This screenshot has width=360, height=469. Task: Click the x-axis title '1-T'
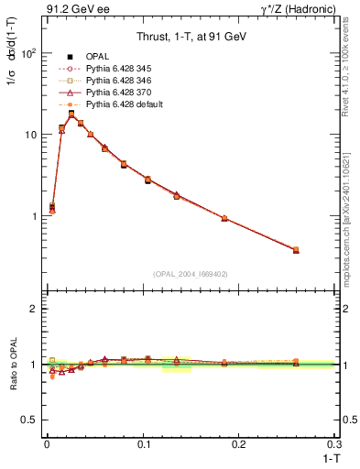click(x=324, y=457)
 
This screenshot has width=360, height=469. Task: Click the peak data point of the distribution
click(x=71, y=115)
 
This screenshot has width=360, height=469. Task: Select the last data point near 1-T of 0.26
click(x=296, y=249)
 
